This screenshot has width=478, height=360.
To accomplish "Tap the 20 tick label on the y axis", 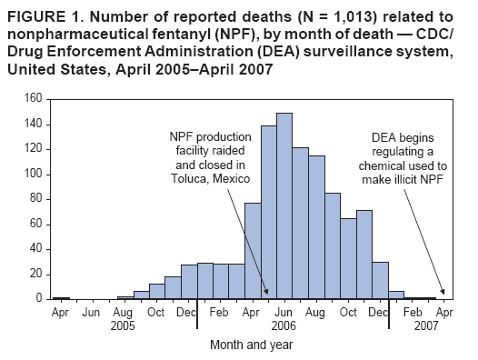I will pos(34,274).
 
